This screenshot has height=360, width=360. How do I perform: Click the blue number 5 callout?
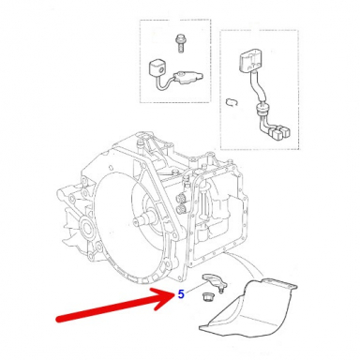click(181, 294)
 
